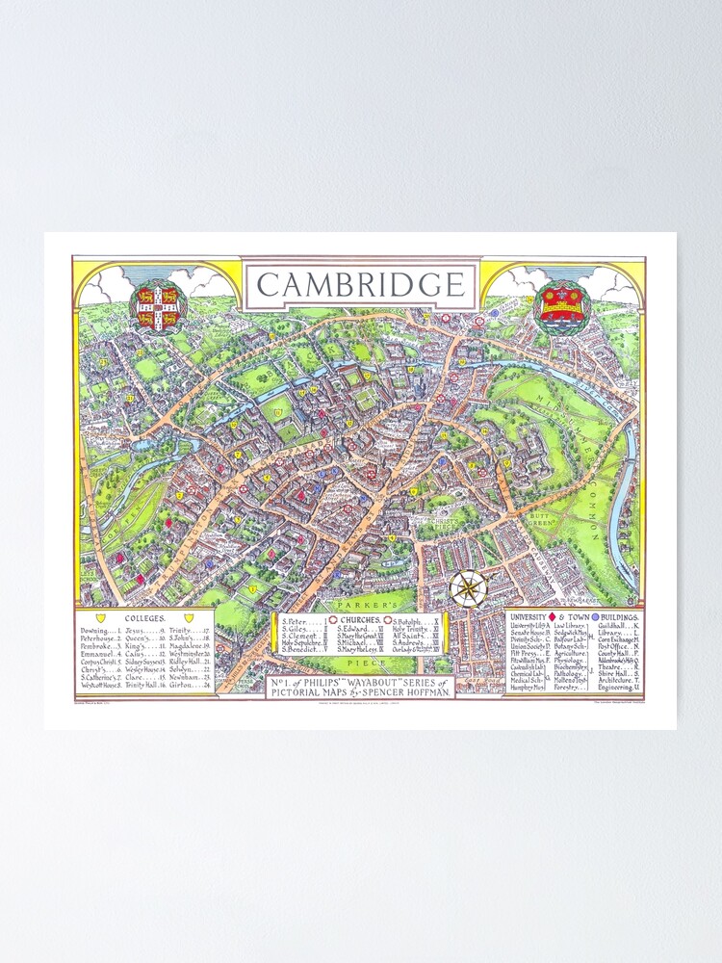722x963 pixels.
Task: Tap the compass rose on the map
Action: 468,588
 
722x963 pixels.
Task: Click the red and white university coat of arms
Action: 158,304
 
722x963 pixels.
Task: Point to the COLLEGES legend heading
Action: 145,617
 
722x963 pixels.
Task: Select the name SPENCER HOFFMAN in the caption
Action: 408,692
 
